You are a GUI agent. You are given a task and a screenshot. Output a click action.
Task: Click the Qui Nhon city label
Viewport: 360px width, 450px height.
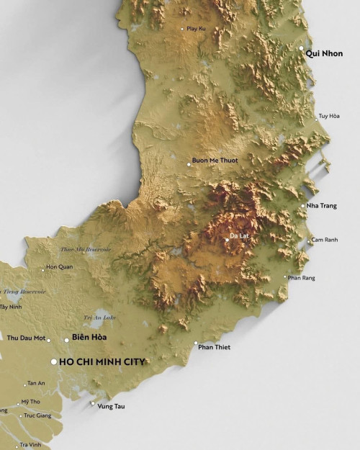coord(324,53)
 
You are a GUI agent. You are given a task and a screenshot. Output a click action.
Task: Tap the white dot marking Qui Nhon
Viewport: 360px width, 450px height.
coord(302,48)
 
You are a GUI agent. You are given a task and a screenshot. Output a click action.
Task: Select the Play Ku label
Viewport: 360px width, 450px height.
coord(196,28)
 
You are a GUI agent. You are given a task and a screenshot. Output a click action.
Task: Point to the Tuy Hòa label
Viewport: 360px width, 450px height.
coord(329,116)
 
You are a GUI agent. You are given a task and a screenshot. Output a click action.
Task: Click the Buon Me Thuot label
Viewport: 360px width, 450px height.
coord(215,160)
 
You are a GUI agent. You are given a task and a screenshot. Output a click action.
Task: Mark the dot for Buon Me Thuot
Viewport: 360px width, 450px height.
coord(189,164)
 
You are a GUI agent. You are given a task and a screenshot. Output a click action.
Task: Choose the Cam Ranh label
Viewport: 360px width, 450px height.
coord(324,240)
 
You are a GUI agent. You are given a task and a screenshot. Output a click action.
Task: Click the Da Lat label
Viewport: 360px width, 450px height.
coord(238,235)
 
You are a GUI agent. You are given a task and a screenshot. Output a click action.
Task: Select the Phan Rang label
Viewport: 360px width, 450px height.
coord(301,277)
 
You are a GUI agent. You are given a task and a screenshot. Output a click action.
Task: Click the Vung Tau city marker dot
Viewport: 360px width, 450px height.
coord(91,404)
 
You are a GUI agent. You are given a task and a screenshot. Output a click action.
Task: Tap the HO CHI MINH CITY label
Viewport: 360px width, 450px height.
coord(102,361)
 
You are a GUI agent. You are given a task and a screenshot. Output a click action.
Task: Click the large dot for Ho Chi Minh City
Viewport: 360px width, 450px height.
coord(53,361)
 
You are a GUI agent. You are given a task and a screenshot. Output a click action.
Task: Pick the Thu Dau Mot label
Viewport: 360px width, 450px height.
coord(26,338)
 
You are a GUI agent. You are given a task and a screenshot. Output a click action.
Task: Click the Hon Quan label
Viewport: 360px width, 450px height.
coord(60,267)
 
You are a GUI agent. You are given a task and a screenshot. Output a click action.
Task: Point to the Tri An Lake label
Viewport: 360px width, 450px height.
coord(99,317)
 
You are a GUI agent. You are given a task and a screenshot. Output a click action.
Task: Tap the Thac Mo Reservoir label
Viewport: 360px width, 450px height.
coord(86,249)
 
